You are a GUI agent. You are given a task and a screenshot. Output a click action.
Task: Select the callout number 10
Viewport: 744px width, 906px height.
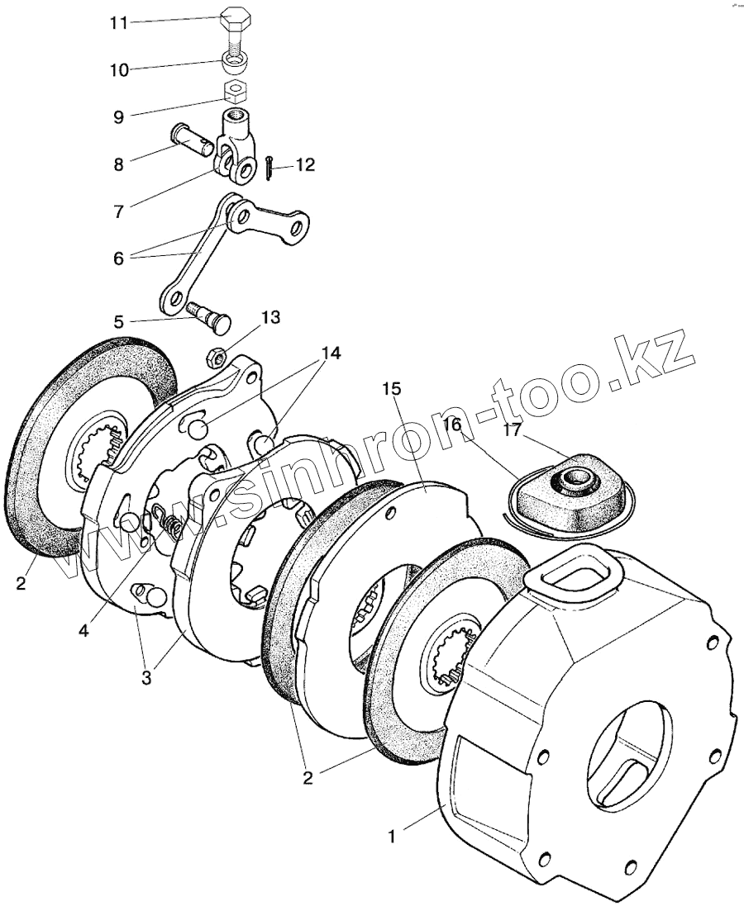coord(120,70)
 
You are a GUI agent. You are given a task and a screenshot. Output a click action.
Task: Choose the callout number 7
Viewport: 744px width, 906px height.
coord(119,211)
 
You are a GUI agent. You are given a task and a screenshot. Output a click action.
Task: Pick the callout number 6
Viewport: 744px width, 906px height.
coord(119,258)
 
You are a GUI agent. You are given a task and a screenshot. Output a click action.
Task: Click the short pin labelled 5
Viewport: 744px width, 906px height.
coord(210,316)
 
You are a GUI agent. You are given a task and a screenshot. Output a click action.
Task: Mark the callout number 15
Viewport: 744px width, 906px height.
coord(391,389)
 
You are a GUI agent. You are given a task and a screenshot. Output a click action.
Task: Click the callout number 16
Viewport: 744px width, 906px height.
coord(451,425)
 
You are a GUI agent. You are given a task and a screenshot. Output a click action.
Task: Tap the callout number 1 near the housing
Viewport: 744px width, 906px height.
coord(393,835)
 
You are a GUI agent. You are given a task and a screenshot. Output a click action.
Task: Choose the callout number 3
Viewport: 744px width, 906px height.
coord(146,679)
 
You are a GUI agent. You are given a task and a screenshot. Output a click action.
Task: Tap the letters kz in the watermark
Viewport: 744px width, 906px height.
coord(655,357)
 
